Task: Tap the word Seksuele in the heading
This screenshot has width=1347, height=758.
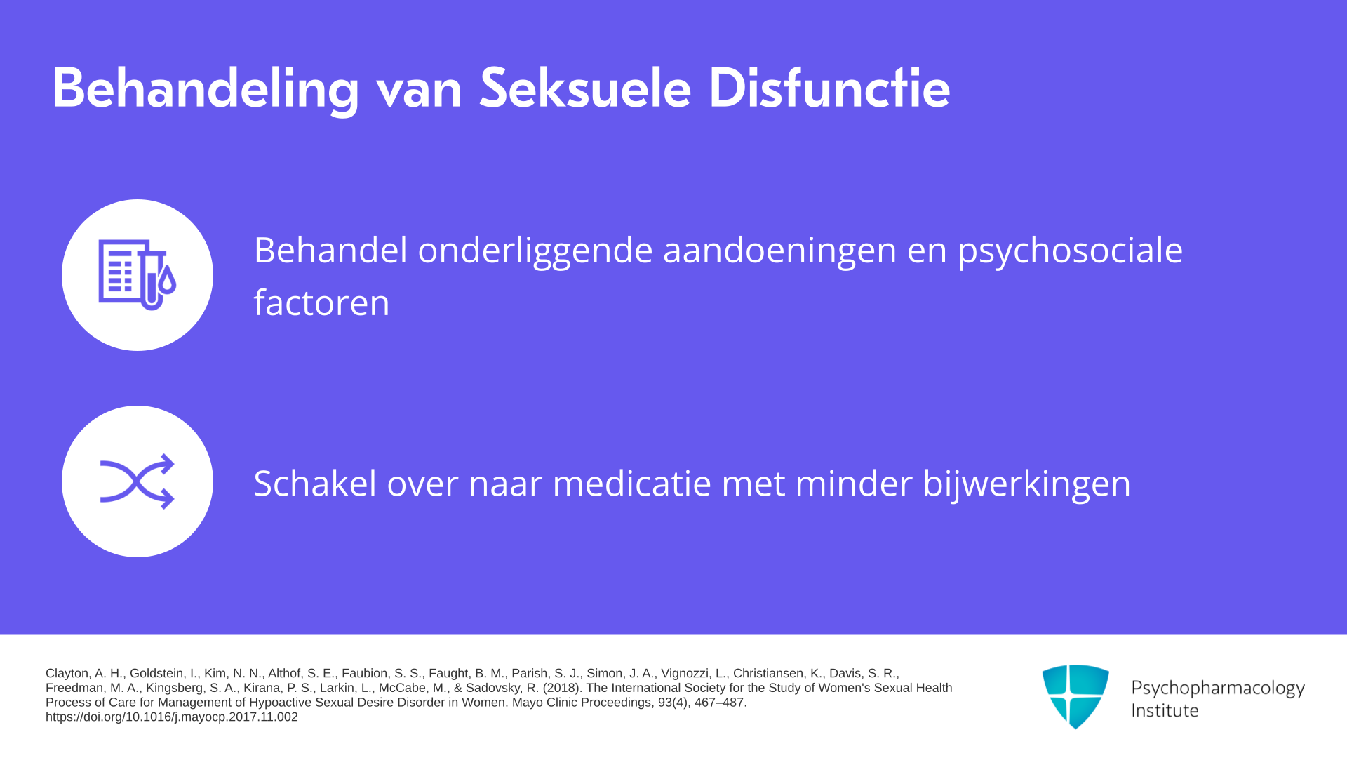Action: point(585,88)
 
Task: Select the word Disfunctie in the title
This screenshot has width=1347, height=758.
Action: point(829,88)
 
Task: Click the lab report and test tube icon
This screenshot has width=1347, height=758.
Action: point(138,274)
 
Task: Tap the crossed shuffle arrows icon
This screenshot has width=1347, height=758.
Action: point(138,481)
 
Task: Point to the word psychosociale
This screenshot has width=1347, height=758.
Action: point(1071,251)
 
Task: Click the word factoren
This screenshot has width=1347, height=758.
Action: point(321,303)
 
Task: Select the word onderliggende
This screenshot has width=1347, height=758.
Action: point(535,251)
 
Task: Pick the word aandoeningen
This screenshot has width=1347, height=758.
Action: point(780,251)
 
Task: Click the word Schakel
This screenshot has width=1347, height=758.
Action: point(316,484)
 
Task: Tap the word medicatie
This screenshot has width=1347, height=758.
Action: point(632,484)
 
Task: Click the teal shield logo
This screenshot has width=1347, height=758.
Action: point(1075,696)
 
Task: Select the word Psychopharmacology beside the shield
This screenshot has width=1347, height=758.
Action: point(1218,689)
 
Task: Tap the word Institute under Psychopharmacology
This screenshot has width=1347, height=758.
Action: point(1165,711)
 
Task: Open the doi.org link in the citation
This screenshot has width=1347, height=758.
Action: point(172,717)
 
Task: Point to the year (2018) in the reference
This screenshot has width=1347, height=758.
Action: point(563,689)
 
